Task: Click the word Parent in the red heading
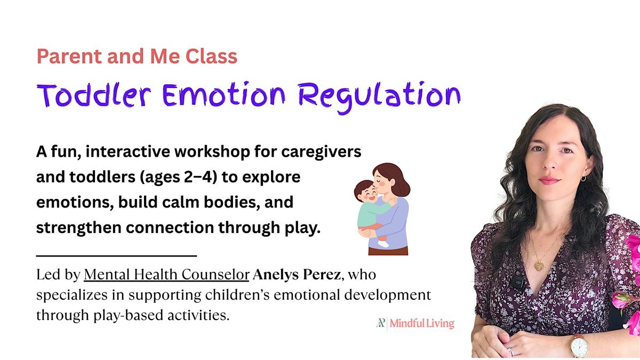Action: point(69,57)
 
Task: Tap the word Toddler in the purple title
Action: point(94,95)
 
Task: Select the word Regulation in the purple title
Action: point(379,97)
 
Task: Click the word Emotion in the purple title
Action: point(223,94)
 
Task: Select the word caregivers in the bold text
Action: point(321,153)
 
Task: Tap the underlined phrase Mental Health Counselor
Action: point(166,275)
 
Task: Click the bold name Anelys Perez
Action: point(297,275)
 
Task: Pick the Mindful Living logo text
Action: point(422,323)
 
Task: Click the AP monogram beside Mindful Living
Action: point(381,323)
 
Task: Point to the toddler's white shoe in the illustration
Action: point(383,244)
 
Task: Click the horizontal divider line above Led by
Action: point(117,255)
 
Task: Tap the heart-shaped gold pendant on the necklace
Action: point(539,266)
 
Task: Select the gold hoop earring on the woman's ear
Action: point(583,179)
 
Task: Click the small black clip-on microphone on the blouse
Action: point(517,282)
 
